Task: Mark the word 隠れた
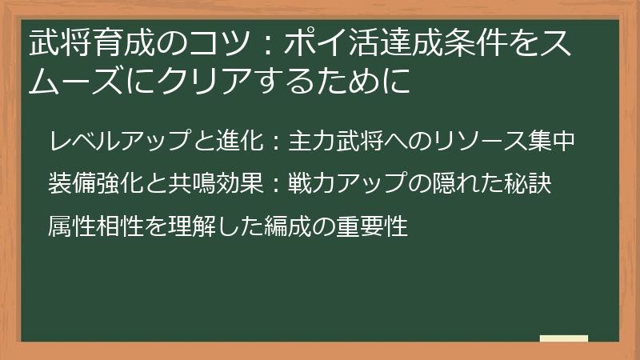coord(464,185)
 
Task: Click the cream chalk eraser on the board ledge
coord(563,338)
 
